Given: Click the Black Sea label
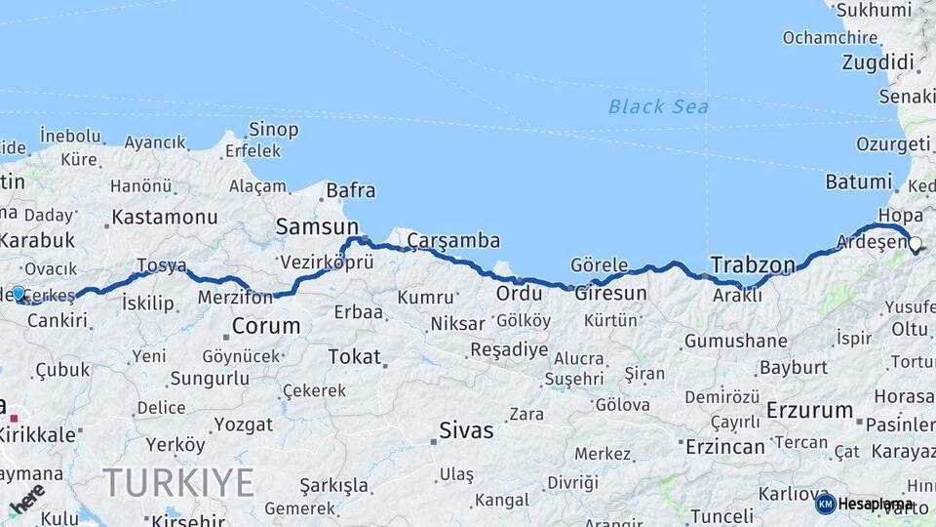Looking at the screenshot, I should [x=658, y=106].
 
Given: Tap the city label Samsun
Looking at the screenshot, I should [x=317, y=226].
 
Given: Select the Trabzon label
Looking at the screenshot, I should [x=753, y=264].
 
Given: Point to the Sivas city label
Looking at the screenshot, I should [x=466, y=429].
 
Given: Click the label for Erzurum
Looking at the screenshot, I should [x=809, y=410].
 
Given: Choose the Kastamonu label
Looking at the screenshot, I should [x=164, y=217].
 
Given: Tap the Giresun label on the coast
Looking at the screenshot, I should [x=611, y=293].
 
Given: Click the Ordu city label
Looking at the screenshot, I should [x=519, y=293].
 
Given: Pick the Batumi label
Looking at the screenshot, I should [x=858, y=182].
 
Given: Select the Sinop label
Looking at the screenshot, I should [x=273, y=130].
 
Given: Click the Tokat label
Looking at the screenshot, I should [x=354, y=356].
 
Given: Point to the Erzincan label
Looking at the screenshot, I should [x=724, y=446].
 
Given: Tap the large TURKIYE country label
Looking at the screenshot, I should [x=178, y=482].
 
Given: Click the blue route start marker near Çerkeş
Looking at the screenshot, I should [x=19, y=293].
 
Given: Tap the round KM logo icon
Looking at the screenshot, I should [x=826, y=504].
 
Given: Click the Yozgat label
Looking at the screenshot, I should [x=243, y=425].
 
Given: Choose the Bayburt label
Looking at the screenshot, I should [x=793, y=368].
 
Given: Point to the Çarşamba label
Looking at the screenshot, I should [x=453, y=240].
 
